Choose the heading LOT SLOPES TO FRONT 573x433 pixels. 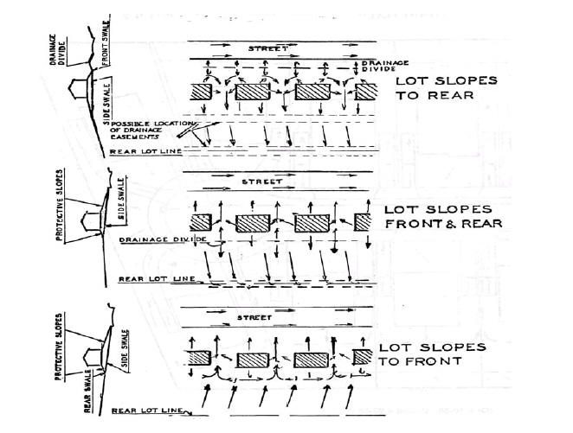click(x=434, y=353)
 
